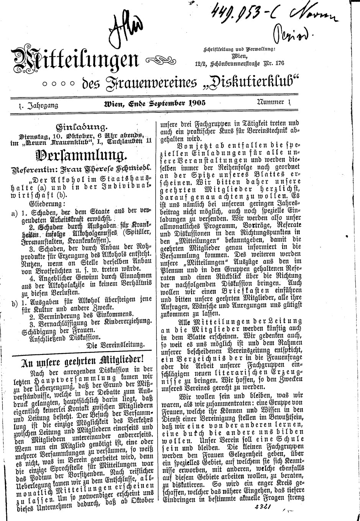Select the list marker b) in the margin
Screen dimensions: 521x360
point(15,303)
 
